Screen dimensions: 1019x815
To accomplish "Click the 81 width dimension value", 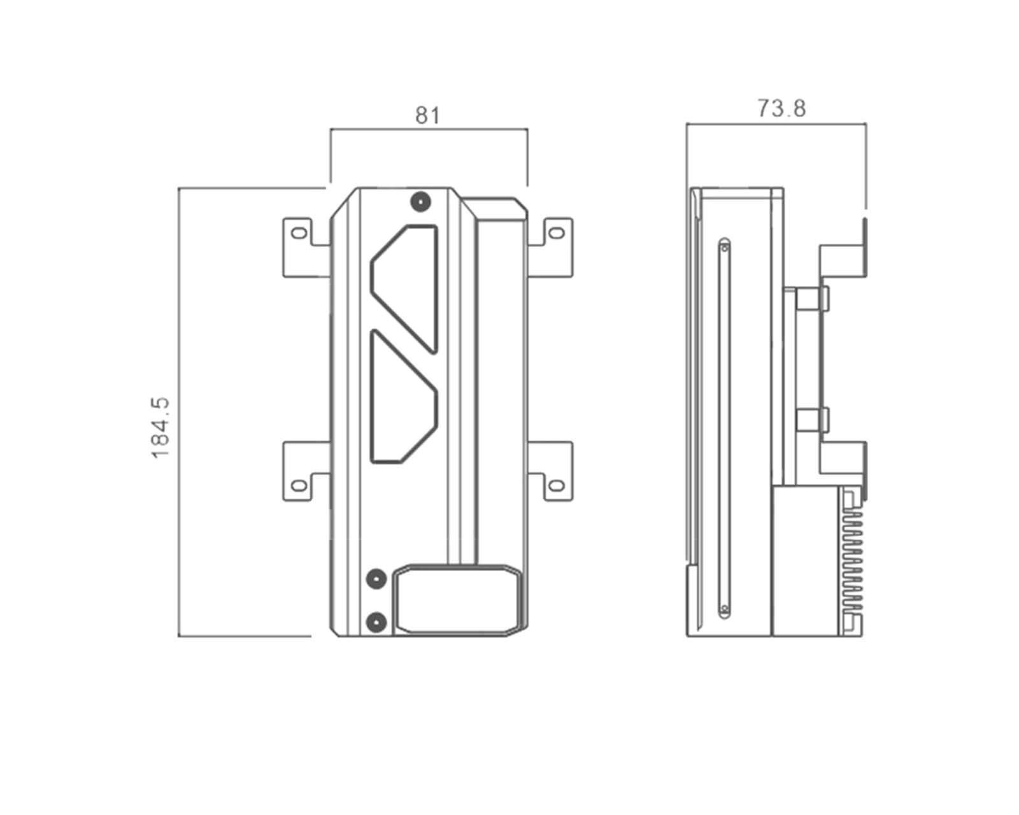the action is pos(427,115).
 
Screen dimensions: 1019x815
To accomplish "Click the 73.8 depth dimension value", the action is pos(781,108).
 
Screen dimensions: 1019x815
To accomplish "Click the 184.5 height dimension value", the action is pos(160,428).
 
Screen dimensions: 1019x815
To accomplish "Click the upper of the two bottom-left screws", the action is pos(377,579).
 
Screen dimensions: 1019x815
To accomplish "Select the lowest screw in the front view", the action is pos(377,622).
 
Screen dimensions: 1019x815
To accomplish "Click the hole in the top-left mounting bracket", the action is pos(298,232).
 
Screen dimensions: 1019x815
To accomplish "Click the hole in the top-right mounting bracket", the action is pos(557,232).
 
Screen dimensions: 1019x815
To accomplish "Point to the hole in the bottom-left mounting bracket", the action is pos(298,485).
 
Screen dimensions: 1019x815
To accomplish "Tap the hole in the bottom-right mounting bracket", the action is pos(557,485).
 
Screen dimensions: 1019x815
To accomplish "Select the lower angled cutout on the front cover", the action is pos(404,397).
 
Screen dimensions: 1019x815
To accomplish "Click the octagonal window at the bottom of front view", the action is pos(457,600).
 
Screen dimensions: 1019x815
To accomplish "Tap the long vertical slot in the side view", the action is pos(724,428).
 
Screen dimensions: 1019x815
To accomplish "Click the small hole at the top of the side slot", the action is pos(724,247).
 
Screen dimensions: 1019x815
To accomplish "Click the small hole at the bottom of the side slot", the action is pos(724,609).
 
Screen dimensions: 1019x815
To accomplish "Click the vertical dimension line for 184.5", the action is pos(178,412).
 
